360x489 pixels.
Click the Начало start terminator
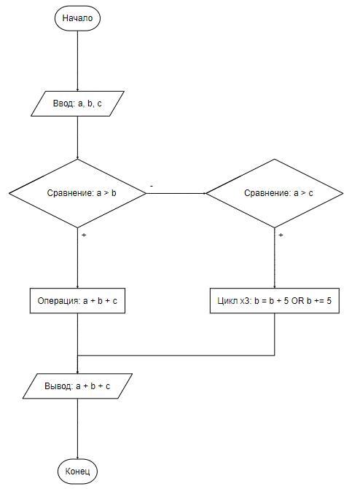pos(77,17)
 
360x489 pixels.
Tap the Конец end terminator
pos(77,471)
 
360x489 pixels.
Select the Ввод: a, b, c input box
pos(77,103)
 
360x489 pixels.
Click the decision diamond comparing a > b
pos(77,193)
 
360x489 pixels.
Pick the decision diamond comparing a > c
pos(275,193)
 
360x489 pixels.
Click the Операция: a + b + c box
pos(77,301)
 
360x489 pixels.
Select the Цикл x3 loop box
pos(275,301)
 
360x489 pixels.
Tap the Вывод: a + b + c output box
pos(77,386)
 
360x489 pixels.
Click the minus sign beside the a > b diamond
pos(152,186)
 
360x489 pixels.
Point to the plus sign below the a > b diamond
pos(84,235)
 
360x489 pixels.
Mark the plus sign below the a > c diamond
pos(281,235)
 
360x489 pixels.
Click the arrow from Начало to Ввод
pos(77,60)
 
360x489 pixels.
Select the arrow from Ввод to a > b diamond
pos(77,138)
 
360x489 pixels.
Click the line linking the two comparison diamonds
pos(176,193)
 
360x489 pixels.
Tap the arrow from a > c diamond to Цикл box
pos(275,258)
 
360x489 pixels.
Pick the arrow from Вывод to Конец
pos(77,429)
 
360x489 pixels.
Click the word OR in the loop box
pos(297,301)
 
